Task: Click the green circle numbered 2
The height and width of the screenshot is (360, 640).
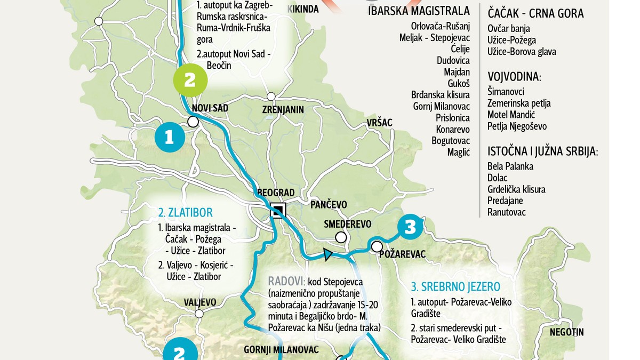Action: tap(189, 81)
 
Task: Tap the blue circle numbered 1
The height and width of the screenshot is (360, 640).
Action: tap(170, 138)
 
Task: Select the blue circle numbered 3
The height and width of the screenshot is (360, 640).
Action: tap(409, 228)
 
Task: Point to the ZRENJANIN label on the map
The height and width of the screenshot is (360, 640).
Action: tap(283, 110)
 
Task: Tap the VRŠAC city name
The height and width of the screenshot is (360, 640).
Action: tap(379, 123)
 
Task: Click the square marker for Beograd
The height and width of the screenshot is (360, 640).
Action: tap(277, 210)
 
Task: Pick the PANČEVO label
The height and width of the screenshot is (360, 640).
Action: tap(329, 204)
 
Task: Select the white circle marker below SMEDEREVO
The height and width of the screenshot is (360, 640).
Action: tap(340, 237)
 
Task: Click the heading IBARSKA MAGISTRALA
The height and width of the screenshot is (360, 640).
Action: tap(419, 11)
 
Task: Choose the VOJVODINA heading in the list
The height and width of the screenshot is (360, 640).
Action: tap(514, 77)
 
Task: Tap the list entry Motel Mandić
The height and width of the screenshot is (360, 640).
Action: tap(511, 115)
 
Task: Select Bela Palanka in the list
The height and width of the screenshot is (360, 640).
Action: tap(510, 166)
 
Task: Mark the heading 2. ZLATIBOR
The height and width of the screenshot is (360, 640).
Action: tap(181, 212)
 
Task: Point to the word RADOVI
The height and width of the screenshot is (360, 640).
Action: tap(286, 281)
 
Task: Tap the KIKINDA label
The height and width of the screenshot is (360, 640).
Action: tap(303, 9)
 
